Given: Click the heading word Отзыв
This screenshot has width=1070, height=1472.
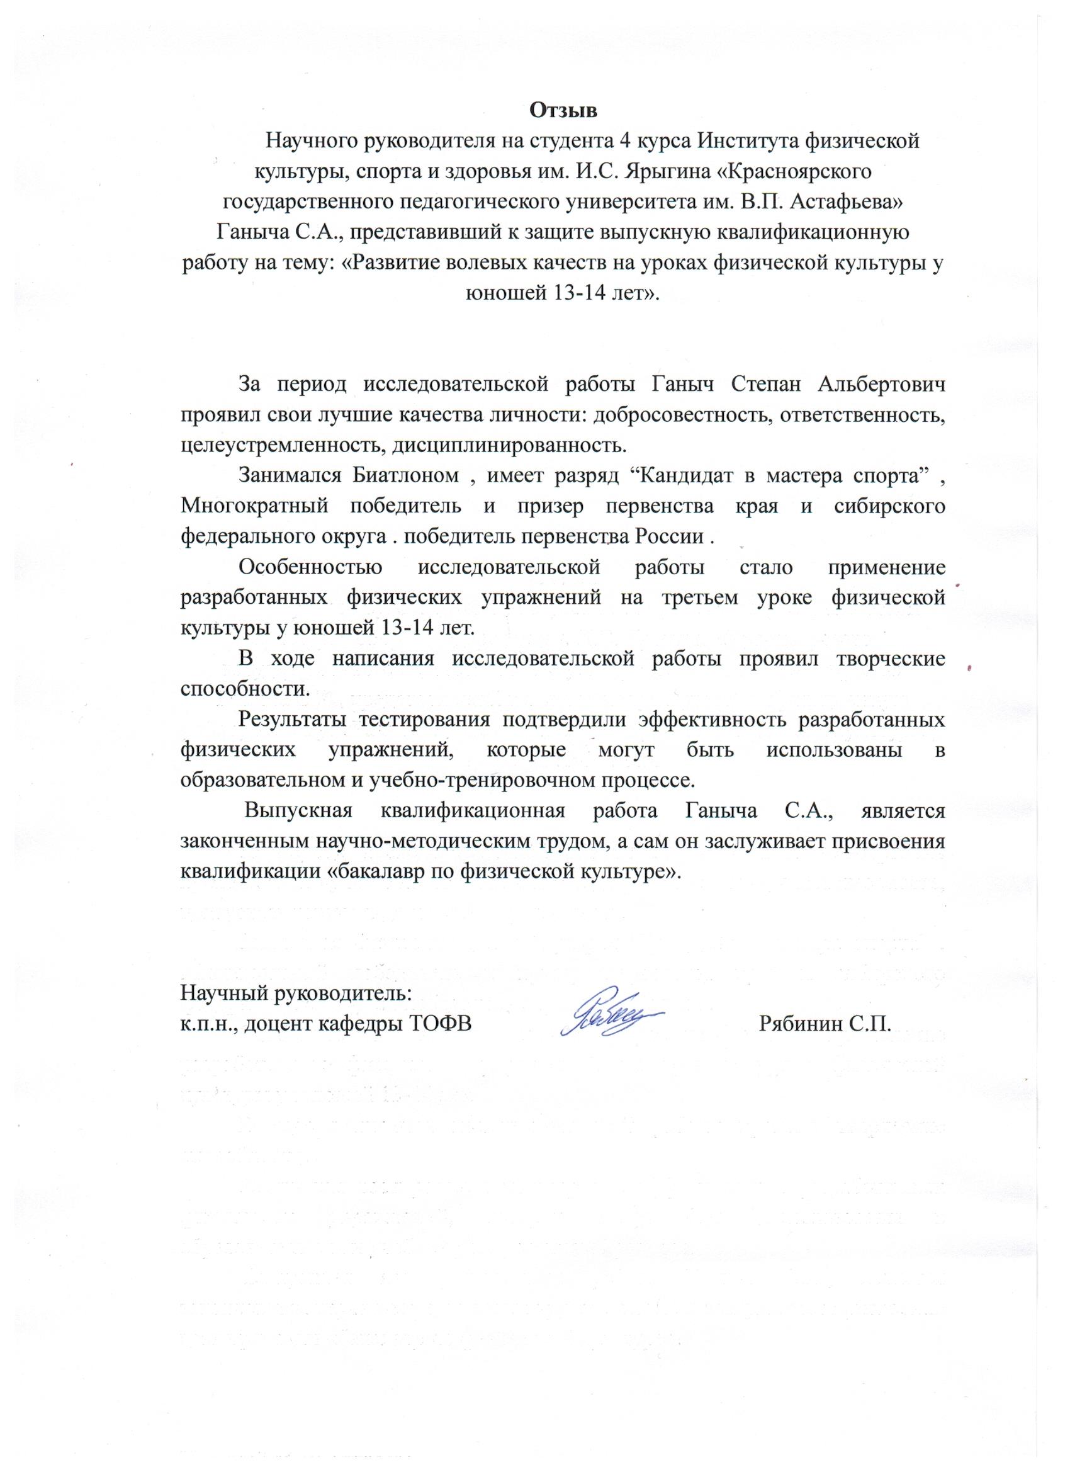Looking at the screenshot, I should tap(563, 110).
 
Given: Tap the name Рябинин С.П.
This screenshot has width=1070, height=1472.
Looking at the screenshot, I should tap(824, 1024).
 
